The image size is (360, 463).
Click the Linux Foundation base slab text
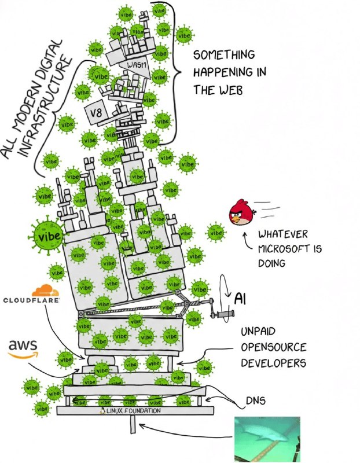pos(134,410)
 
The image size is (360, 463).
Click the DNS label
pos(256,400)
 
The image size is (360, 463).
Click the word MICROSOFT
pos(284,248)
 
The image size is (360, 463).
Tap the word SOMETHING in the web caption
pos(223,55)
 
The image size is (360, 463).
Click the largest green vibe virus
pos(48,236)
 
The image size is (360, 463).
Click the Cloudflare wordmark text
pos(31,300)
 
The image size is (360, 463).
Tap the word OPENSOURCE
pos(273,348)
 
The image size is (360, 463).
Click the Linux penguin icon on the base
pos(104,410)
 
